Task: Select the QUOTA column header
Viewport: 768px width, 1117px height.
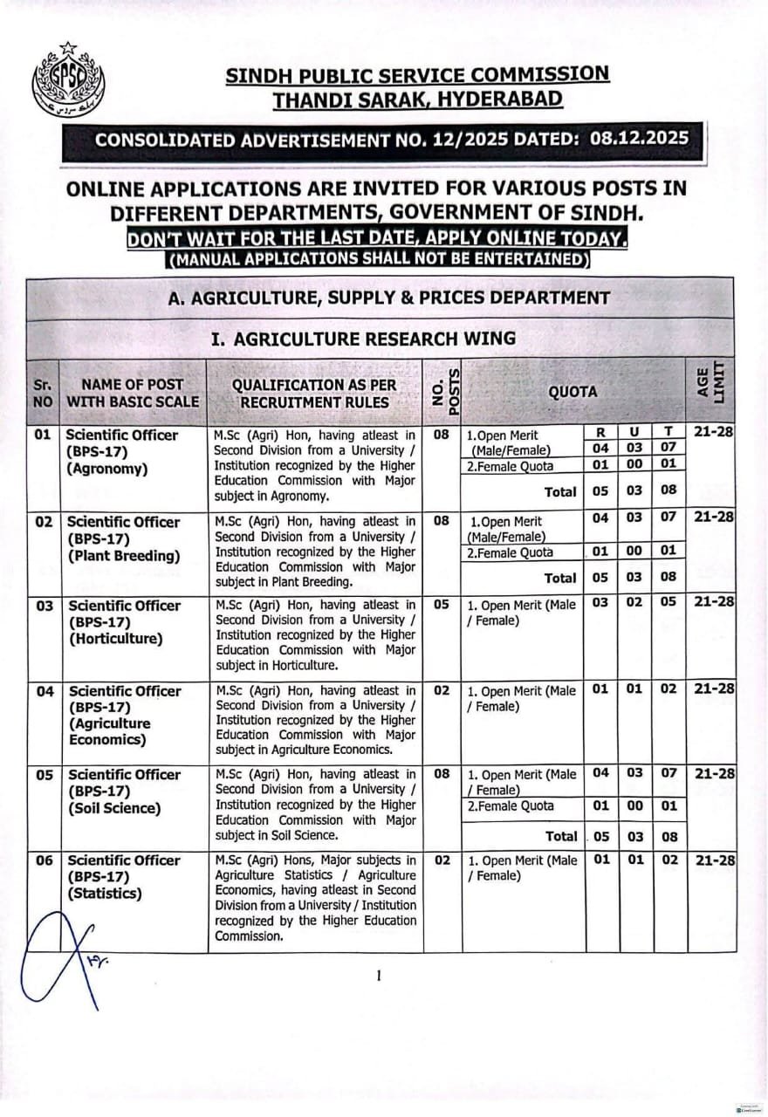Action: coord(573,392)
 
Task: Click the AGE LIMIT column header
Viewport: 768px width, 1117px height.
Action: coord(710,383)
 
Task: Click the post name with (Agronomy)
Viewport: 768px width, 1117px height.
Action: coord(122,451)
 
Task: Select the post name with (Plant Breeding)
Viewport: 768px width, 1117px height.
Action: coord(122,538)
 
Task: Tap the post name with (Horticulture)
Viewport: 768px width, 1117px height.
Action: coord(123,622)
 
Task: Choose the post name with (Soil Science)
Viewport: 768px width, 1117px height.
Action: coord(123,791)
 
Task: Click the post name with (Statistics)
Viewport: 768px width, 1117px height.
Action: coord(123,876)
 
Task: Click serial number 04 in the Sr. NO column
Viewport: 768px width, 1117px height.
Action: coord(45,691)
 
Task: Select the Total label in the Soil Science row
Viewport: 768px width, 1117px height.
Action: coord(561,836)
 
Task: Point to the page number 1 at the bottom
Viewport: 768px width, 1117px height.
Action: coord(379,976)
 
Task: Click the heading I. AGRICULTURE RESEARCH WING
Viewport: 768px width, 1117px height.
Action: coord(363,339)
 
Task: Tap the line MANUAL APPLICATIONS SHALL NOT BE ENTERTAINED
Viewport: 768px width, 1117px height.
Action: coord(377,259)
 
